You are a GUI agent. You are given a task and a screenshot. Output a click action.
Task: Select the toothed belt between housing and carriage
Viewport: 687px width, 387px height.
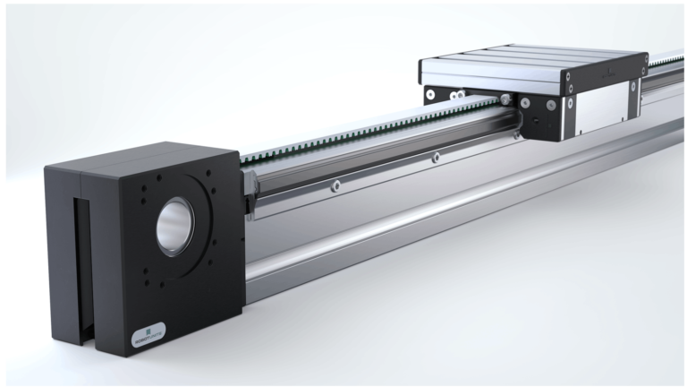[x=358, y=133]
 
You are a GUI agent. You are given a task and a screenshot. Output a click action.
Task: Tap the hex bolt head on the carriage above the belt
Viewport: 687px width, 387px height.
[x=507, y=99]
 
